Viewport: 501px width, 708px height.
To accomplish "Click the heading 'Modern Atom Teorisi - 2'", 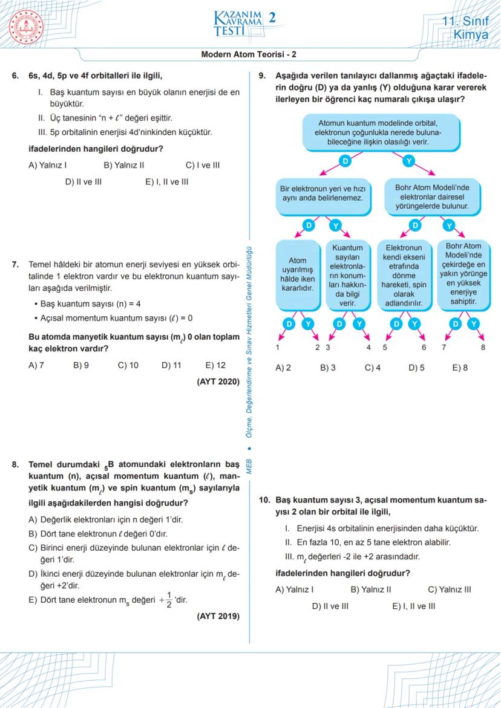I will (249, 54).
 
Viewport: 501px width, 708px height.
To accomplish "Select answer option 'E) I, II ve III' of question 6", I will (166, 181).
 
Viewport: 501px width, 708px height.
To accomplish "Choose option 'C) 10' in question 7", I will (128, 366).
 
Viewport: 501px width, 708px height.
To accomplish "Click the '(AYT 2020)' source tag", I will (218, 382).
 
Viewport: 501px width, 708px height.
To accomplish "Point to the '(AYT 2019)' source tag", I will (218, 617).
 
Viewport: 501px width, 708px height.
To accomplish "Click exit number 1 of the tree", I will (278, 348).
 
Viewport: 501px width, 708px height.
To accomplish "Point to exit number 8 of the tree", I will (483, 348).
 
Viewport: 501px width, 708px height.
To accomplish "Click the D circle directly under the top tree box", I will (345, 161).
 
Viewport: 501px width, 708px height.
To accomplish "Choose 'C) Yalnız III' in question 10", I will (449, 589).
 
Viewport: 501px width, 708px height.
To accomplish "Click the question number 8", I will (15, 465).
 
